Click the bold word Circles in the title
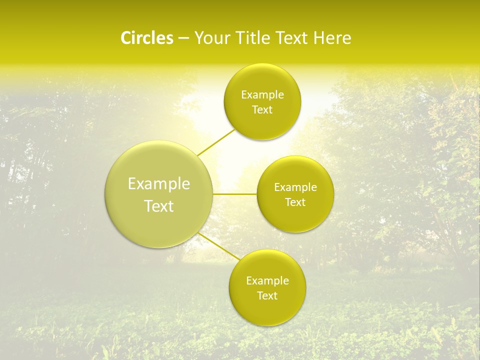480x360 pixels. pos(146,38)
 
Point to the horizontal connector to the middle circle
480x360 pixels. pos(234,194)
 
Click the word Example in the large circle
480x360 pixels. pos(159,184)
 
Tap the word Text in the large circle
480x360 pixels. pos(159,206)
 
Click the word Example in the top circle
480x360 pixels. pos(262,95)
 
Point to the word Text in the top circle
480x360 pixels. pos(262,110)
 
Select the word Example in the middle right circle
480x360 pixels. pos(295,187)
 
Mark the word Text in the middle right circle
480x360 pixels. pos(295,202)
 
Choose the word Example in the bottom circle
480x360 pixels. pos(267,281)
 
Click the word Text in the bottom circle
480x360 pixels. pos(267,296)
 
